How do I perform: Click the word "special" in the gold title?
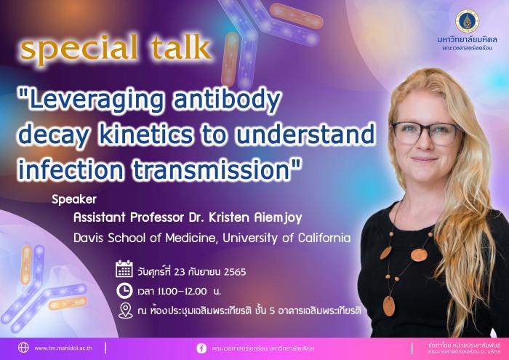coord(79,49)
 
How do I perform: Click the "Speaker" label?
coord(74,199)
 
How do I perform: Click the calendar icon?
coord(124,268)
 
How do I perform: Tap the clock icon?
coord(124,291)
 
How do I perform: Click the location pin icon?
coord(125,311)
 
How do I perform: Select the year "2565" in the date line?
coord(235,272)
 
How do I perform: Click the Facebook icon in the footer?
coord(201,348)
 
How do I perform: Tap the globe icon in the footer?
coord(23,348)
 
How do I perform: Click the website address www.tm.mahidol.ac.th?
coord(63,348)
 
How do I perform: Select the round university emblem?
coord(467,21)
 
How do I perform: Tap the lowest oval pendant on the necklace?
coord(388,305)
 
